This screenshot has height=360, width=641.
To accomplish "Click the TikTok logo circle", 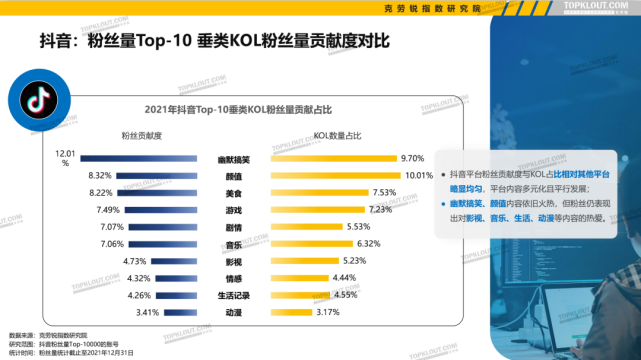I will pos(29,102).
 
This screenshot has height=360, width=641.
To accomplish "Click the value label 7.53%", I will pos(385,192).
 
